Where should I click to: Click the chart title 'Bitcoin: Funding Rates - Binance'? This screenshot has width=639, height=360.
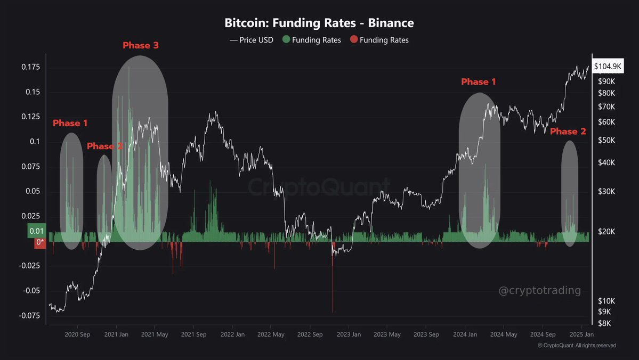319,23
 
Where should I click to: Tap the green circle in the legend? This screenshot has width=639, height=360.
286,40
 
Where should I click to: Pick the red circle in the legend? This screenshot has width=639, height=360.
353,40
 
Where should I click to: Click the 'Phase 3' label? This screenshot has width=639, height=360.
141,45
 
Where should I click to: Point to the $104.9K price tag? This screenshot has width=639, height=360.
608,66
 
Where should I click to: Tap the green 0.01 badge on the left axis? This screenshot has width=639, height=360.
37,231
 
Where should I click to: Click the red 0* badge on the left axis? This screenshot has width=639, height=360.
39,243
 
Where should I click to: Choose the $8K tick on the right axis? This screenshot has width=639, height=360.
604,323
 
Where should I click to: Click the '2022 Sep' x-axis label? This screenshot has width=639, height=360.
310,334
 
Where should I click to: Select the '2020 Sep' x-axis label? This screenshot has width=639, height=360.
77,334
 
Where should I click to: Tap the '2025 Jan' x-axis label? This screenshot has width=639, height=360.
581,334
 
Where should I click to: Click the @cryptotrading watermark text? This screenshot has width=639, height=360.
539,291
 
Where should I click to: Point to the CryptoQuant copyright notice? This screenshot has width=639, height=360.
577,346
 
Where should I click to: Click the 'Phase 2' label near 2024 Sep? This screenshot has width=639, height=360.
568,132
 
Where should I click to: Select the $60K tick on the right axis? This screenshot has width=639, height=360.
606,122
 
